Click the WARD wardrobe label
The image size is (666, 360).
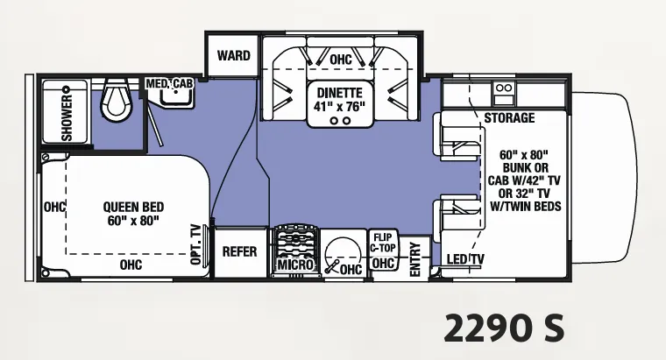pyautogui.click(x=234, y=55)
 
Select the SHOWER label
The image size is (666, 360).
pyautogui.click(x=67, y=117)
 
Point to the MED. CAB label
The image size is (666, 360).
pyautogui.click(x=169, y=83)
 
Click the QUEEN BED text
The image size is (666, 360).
pyautogui.click(x=133, y=208)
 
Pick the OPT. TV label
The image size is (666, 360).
pyautogui.click(x=195, y=244)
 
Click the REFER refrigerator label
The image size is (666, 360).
pyautogui.click(x=240, y=251)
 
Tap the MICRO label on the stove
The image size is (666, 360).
pyautogui.click(x=295, y=265)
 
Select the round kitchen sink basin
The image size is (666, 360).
pyautogui.click(x=343, y=254)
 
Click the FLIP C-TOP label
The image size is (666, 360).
pyautogui.click(x=383, y=243)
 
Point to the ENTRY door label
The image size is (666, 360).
pyautogui.click(x=414, y=259)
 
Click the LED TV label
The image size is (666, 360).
pyautogui.click(x=465, y=259)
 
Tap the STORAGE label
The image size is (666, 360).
pyautogui.click(x=509, y=117)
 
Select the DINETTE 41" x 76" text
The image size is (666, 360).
pyautogui.click(x=340, y=99)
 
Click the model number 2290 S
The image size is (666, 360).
pyautogui.click(x=505, y=328)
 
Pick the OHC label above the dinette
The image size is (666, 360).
pyautogui.click(x=341, y=60)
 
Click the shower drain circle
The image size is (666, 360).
pyautogui.click(x=66, y=89)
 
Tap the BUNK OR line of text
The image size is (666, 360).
pyautogui.click(x=526, y=167)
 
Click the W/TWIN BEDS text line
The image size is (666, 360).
pyautogui.click(x=526, y=207)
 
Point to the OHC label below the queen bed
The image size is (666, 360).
pyautogui.click(x=131, y=265)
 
